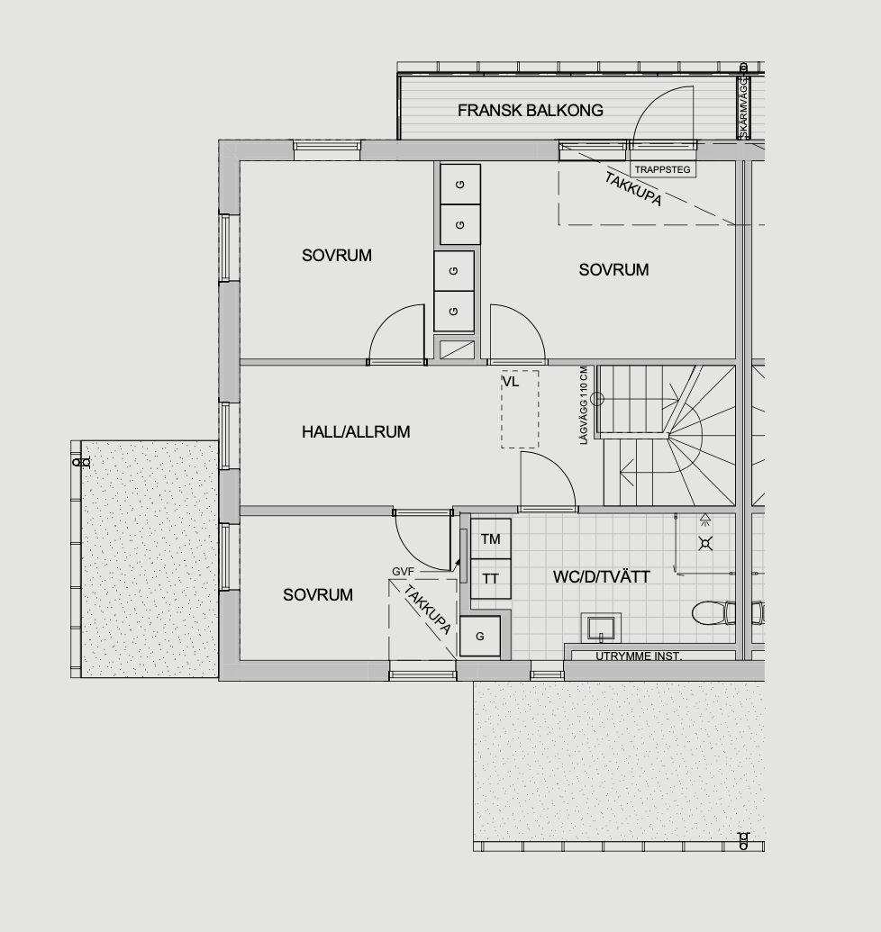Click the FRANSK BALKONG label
pyautogui.click(x=531, y=110)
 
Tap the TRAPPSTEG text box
pyautogui.click(x=662, y=169)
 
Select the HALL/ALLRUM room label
pyautogui.click(x=356, y=431)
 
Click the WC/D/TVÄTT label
pyautogui.click(x=601, y=576)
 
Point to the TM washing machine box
pyautogui.click(x=490, y=538)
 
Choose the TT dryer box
pyautogui.click(x=490, y=578)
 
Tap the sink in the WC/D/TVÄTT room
pyautogui.click(x=601, y=628)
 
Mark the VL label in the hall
pyautogui.click(x=511, y=382)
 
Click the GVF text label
pyautogui.click(x=403, y=571)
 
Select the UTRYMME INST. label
pyautogui.click(x=639, y=656)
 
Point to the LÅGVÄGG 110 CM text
pyautogui.click(x=583, y=405)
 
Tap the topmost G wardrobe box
pyautogui.click(x=460, y=185)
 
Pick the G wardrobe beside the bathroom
pyautogui.click(x=480, y=636)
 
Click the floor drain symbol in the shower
pyautogui.click(x=705, y=543)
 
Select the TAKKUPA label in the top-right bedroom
pyautogui.click(x=633, y=188)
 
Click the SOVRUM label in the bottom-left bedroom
pyautogui.click(x=317, y=594)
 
